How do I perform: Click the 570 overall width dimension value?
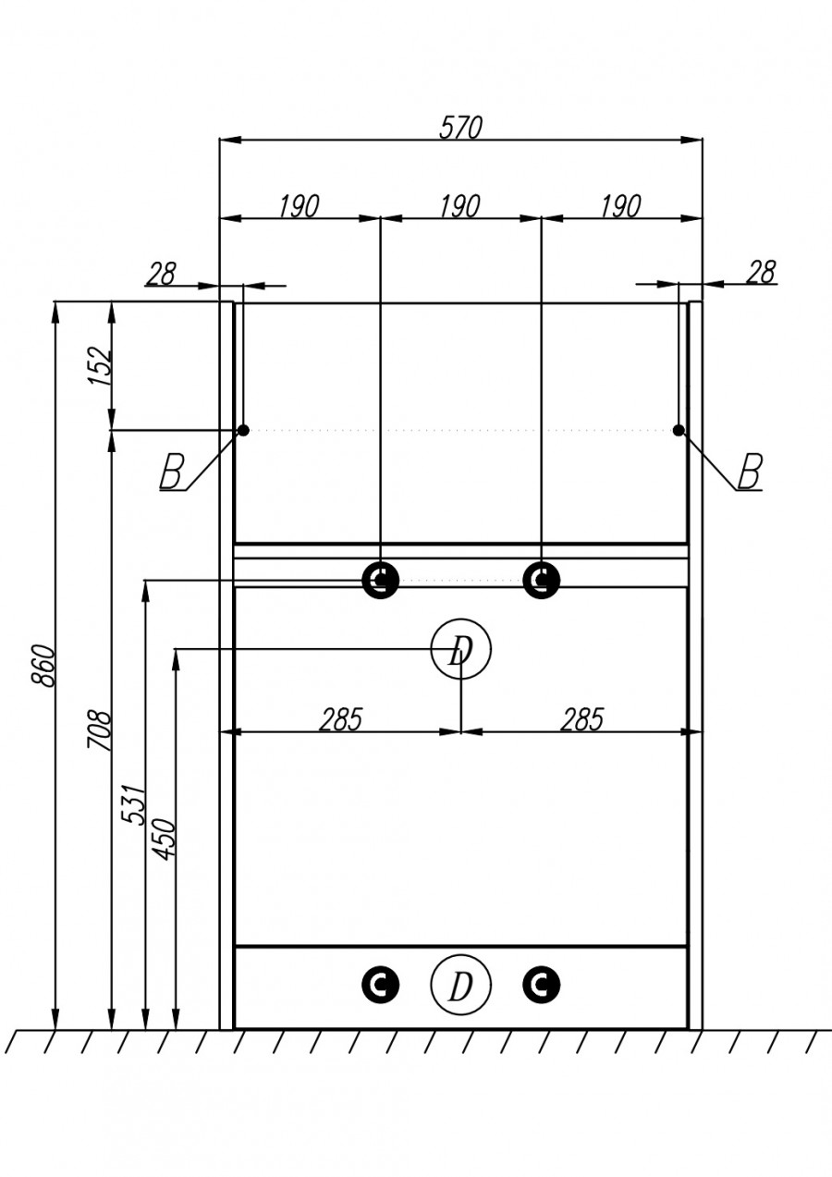(460, 128)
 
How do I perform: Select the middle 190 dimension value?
(459, 206)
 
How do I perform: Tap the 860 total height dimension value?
(43, 665)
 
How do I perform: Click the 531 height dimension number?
(134, 804)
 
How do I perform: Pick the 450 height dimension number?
(164, 840)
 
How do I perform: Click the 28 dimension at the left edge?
(161, 273)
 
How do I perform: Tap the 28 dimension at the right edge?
(761, 272)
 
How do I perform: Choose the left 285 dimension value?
(341, 719)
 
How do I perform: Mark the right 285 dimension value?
(582, 719)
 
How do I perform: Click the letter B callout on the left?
(171, 472)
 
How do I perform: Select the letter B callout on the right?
(750, 472)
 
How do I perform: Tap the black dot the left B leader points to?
(243, 430)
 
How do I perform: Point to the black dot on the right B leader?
(679, 430)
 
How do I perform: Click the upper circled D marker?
(460, 651)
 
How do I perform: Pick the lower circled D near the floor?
(460, 987)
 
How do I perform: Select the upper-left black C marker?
(380, 581)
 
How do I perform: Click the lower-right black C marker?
(541, 986)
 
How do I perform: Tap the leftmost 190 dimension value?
(299, 206)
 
